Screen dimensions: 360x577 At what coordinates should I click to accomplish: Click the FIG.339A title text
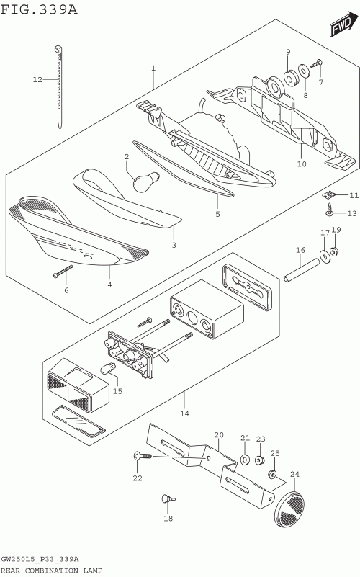tap(39, 9)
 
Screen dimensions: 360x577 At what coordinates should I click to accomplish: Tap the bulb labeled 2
tap(146, 181)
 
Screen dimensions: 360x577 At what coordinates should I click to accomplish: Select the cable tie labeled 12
tap(59, 87)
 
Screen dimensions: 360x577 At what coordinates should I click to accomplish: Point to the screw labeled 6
tap(63, 271)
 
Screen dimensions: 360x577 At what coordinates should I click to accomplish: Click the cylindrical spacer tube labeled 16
tap(301, 270)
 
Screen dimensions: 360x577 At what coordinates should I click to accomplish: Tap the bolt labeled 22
tap(143, 456)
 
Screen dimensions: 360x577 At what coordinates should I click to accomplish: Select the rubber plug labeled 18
tap(168, 499)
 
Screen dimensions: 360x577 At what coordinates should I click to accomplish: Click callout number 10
tap(302, 164)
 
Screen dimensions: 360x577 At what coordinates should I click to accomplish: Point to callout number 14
tap(184, 413)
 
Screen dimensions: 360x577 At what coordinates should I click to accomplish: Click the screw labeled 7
tap(316, 63)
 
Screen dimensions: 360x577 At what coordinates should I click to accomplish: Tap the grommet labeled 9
tap(290, 76)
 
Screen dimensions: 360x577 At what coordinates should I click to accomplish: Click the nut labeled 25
tap(272, 474)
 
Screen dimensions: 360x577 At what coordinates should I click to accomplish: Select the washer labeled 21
tap(245, 460)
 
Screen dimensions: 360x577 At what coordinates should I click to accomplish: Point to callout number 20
tap(219, 435)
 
